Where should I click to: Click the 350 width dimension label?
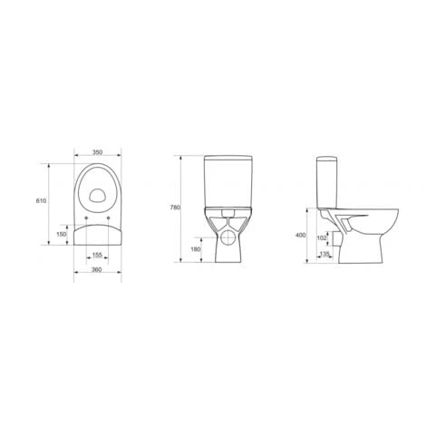pyautogui.click(x=97, y=152)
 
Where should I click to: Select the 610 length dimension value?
pyautogui.click(x=41, y=200)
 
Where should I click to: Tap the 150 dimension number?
pyautogui.click(x=62, y=234)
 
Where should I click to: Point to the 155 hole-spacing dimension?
pyautogui.click(x=97, y=256)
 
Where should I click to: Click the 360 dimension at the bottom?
pyautogui.click(x=97, y=270)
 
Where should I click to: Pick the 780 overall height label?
pyautogui.click(x=175, y=208)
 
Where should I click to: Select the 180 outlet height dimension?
pyautogui.click(x=196, y=249)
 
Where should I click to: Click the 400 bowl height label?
pyautogui.click(x=301, y=235)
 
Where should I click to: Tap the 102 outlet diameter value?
pyautogui.click(x=322, y=237)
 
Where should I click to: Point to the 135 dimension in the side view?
pyautogui.click(x=324, y=254)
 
